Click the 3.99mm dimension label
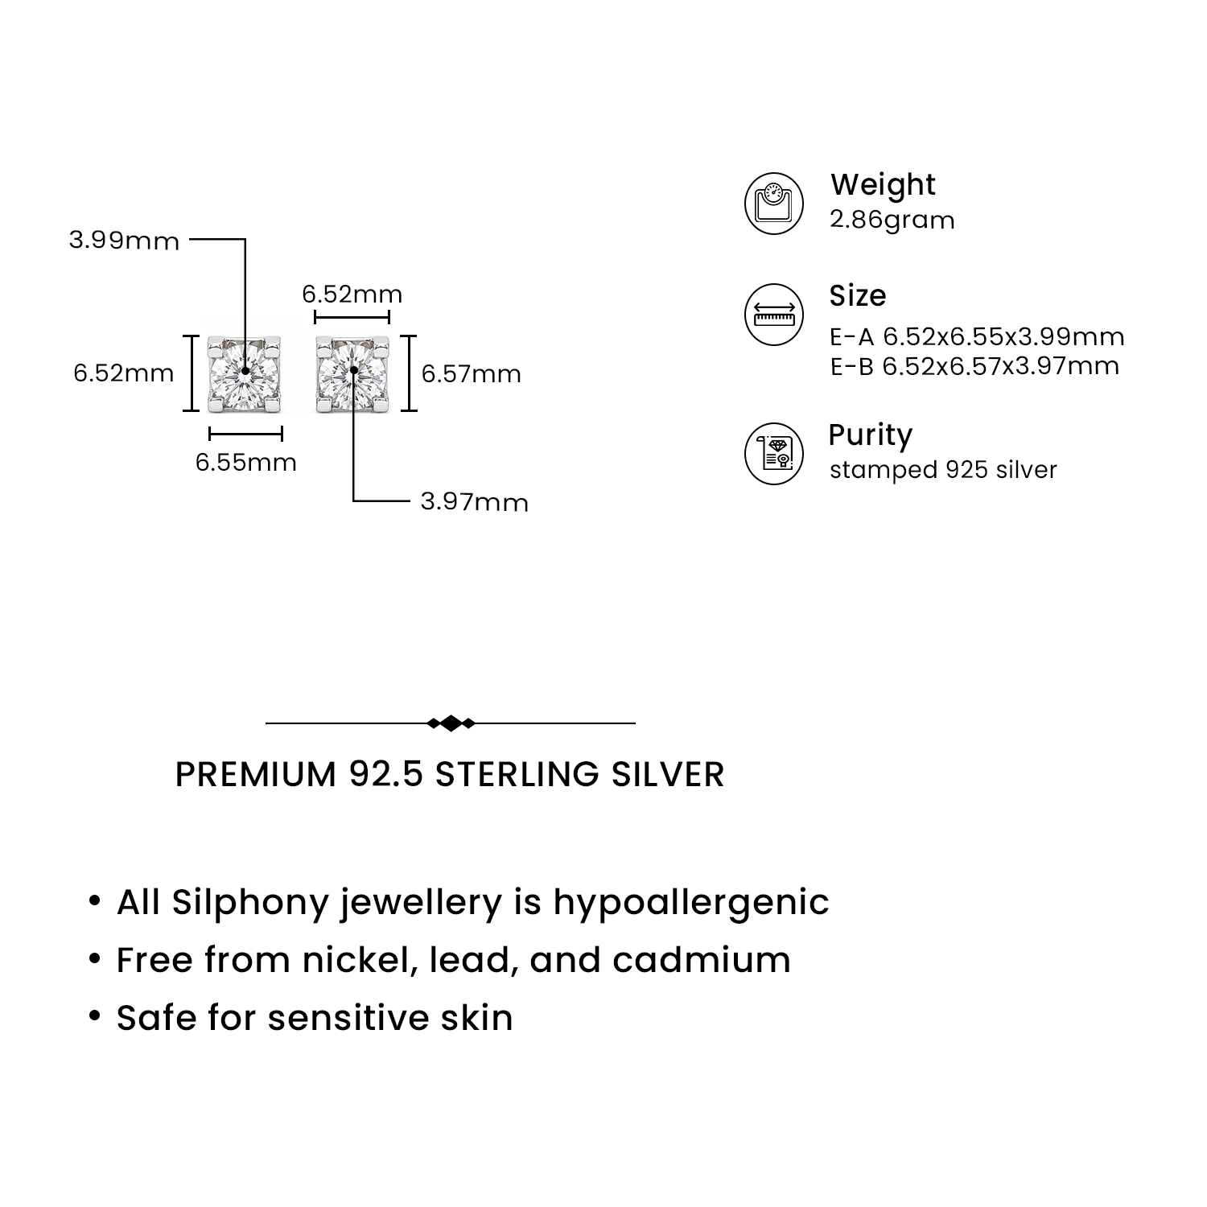[124, 241]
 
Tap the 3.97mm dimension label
[475, 502]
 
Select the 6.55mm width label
[246, 463]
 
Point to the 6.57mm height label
[472, 374]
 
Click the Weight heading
[883, 185]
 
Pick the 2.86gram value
[892, 220]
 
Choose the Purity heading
[871, 435]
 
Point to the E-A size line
[977, 336]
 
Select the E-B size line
[974, 366]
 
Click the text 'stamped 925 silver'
[943, 470]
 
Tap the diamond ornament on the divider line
[451, 723]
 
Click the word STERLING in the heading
[517, 774]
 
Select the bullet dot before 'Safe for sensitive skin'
[96, 1018]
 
